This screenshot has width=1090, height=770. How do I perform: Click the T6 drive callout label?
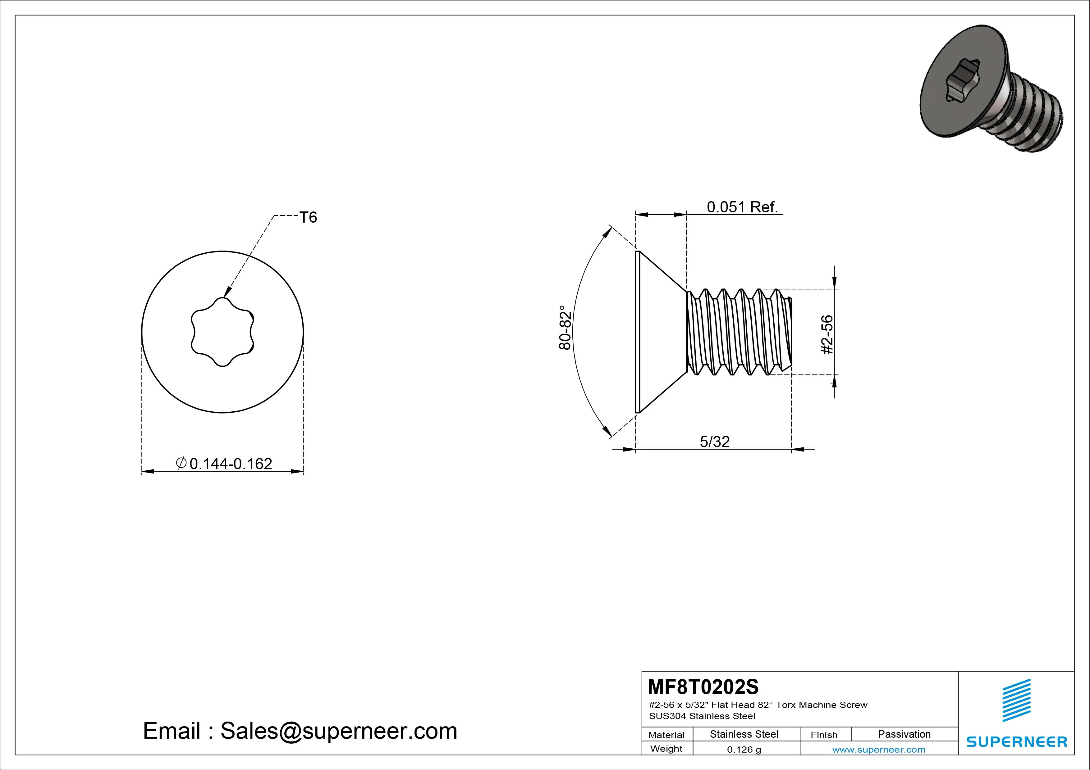tap(308, 217)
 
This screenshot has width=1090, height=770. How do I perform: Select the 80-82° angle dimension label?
tap(565, 328)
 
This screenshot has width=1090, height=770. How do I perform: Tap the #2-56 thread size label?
tap(827, 334)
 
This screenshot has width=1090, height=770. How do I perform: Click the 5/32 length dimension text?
tap(714, 442)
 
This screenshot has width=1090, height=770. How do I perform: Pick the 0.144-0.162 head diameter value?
tap(231, 464)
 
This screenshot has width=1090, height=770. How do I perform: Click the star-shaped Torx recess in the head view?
tap(222, 332)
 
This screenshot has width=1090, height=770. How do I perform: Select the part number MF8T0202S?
tap(703, 686)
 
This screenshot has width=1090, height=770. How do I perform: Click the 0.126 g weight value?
tap(744, 750)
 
